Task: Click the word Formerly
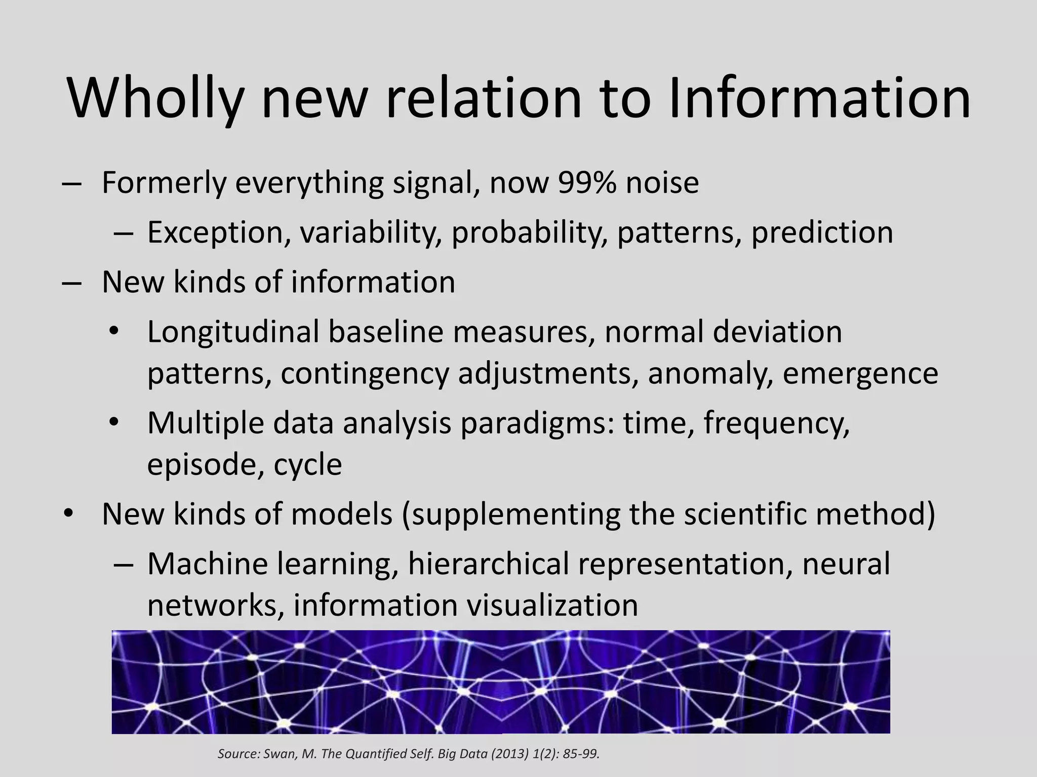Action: [x=164, y=183]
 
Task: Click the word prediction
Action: [x=822, y=233]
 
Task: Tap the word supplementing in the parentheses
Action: [x=511, y=514]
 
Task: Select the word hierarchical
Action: [x=489, y=564]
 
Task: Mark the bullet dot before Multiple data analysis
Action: [x=114, y=421]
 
